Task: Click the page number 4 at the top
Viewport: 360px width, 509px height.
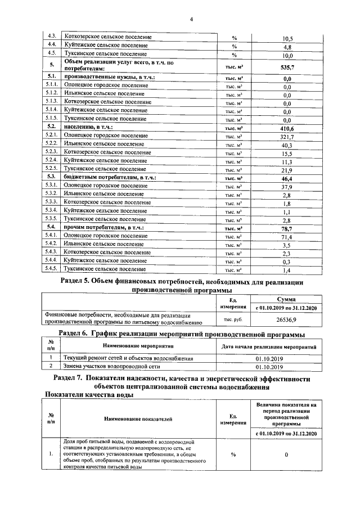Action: (x=191, y=20)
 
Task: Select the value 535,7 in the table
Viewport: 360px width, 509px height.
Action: (x=287, y=66)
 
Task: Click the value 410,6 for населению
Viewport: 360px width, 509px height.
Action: (x=287, y=128)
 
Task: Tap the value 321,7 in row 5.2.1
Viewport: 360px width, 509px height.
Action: (x=287, y=137)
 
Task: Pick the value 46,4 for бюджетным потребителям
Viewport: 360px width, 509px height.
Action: (x=287, y=178)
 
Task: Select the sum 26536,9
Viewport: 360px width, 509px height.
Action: (x=287, y=319)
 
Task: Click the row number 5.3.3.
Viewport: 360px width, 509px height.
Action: (x=52, y=202)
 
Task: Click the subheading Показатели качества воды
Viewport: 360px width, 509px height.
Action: (x=88, y=395)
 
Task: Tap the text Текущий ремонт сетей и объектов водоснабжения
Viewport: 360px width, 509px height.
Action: (x=128, y=358)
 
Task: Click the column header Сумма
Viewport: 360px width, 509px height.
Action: (x=287, y=299)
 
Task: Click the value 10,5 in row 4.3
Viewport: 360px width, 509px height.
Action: (x=287, y=39)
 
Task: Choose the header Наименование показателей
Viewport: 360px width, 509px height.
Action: (x=138, y=419)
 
